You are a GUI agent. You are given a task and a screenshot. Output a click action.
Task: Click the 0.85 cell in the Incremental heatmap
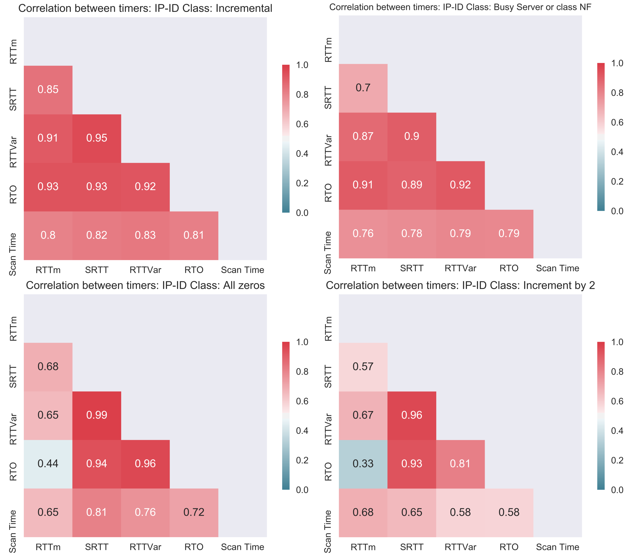pyautogui.click(x=48, y=90)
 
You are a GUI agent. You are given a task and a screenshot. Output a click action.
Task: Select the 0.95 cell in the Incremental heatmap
pyautogui.click(x=97, y=138)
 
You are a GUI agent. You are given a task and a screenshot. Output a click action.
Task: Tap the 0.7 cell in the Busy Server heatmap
pyautogui.click(x=363, y=88)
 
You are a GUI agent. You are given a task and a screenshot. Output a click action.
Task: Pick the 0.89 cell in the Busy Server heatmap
pyautogui.click(x=412, y=185)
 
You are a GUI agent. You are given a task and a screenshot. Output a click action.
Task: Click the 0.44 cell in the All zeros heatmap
pyautogui.click(x=48, y=464)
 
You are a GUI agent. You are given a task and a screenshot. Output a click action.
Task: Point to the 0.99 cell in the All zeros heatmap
pyautogui.click(x=97, y=415)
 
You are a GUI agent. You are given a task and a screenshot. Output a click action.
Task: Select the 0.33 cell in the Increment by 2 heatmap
pyautogui.click(x=363, y=464)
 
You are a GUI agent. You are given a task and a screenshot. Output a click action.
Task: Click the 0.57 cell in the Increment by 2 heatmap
pyautogui.click(x=363, y=367)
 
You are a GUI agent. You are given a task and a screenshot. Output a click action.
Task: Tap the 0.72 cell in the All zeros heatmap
pyautogui.click(x=194, y=512)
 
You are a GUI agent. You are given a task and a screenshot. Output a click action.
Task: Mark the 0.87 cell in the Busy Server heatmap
pyautogui.click(x=363, y=136)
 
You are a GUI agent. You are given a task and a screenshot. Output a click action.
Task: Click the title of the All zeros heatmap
pyautogui.click(x=145, y=285)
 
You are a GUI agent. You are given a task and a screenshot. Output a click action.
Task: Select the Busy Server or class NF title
pyautogui.click(x=460, y=7)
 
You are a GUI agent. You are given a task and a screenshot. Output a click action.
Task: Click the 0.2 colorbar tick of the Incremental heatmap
pyautogui.click(x=302, y=183)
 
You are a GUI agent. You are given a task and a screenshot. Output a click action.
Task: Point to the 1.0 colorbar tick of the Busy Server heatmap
pyautogui.click(x=617, y=63)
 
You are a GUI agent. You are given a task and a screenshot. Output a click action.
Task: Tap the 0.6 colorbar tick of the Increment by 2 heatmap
pyautogui.click(x=617, y=401)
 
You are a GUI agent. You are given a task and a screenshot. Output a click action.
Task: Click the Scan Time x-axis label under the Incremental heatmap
pyautogui.click(x=242, y=270)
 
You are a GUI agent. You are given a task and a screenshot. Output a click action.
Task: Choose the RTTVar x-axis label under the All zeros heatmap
pyautogui.click(x=145, y=547)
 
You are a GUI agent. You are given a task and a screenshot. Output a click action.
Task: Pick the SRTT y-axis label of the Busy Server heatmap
pyautogui.click(x=328, y=98)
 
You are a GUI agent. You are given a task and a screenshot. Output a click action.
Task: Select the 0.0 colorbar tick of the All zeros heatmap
pyautogui.click(x=302, y=490)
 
